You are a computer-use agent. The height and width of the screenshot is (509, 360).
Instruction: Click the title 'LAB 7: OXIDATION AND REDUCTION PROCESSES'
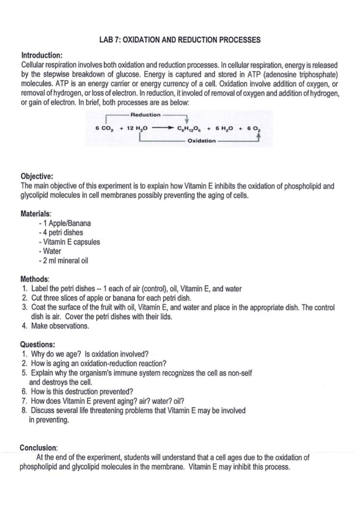click(x=180, y=40)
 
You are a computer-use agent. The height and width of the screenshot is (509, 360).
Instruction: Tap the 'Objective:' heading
click(x=37, y=177)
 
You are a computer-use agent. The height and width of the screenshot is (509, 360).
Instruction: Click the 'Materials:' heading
click(x=36, y=213)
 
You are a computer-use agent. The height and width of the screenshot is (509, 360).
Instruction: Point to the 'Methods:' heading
click(x=35, y=279)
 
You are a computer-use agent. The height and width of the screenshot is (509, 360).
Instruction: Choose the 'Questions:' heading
click(x=38, y=344)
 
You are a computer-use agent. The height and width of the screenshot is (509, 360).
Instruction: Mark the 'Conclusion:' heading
click(x=39, y=447)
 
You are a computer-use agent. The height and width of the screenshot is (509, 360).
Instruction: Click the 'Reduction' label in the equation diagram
click(x=145, y=115)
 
